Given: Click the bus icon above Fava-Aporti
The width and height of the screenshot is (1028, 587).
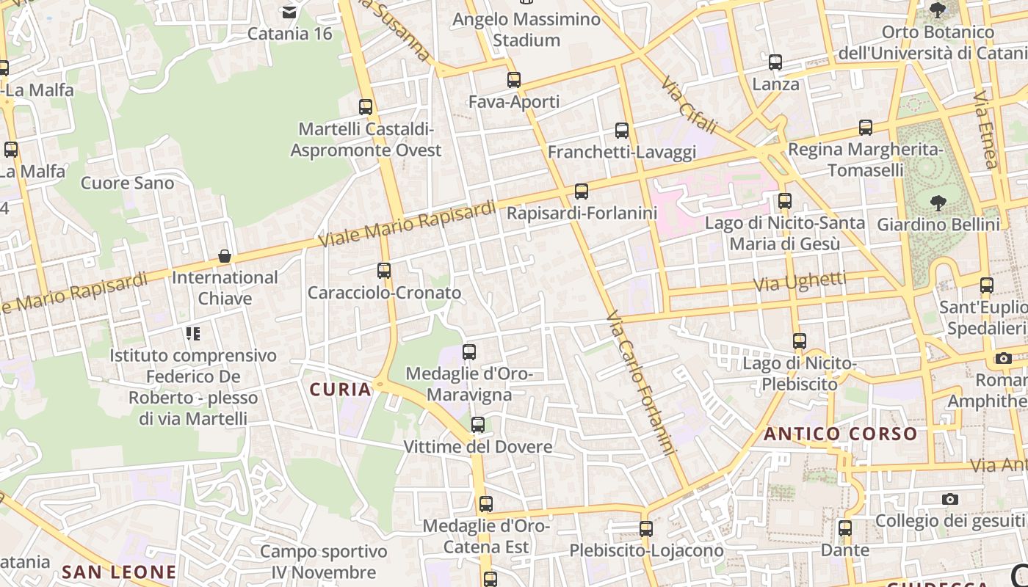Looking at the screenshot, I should [x=514, y=80].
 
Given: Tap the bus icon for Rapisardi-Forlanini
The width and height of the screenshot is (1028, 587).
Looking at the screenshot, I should [x=582, y=192].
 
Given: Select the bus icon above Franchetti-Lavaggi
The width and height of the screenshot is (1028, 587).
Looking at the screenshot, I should [x=622, y=131].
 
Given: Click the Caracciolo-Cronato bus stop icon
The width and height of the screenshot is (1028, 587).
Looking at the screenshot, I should [x=384, y=271].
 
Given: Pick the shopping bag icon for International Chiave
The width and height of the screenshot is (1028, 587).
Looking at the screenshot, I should [x=225, y=256].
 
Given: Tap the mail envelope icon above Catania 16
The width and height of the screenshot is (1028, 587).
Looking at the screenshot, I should [x=289, y=12].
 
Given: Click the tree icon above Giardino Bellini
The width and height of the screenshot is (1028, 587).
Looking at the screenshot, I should [x=938, y=203].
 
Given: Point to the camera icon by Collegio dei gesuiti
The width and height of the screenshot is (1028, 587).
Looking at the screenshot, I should [x=950, y=499].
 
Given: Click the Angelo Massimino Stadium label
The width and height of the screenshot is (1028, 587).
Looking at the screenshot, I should [x=526, y=29].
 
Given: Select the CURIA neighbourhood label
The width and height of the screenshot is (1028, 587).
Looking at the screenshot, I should [x=341, y=390].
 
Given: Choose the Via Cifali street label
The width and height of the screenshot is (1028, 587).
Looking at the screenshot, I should [x=688, y=107].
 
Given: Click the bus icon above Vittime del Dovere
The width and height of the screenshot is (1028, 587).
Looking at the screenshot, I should [x=478, y=425].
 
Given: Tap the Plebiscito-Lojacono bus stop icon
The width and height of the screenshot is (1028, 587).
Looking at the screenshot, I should [x=646, y=529].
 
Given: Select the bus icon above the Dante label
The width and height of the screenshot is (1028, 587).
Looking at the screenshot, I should [x=845, y=528].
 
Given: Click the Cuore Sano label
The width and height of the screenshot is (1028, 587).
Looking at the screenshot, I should [x=128, y=183].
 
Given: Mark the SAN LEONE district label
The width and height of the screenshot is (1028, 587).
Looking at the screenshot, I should [x=119, y=572].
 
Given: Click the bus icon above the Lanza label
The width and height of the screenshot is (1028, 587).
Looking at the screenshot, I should [x=775, y=62].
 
